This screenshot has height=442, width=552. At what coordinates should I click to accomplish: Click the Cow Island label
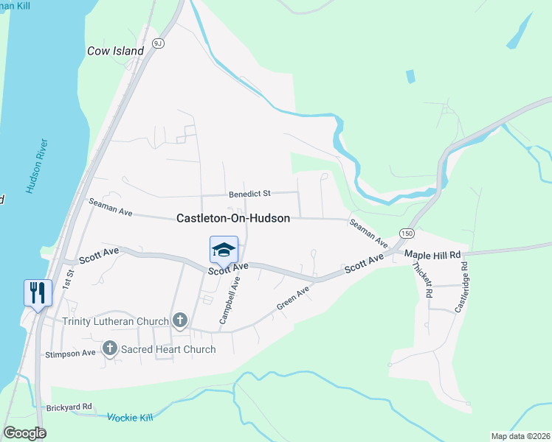(x=115, y=51)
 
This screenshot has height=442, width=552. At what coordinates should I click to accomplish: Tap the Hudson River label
(x=37, y=166)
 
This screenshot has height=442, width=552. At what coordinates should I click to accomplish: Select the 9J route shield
(x=157, y=43)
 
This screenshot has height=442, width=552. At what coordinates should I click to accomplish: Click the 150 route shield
(x=406, y=233)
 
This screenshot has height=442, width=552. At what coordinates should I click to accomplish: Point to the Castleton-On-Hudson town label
(x=233, y=218)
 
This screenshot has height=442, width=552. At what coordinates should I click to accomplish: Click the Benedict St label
(x=249, y=193)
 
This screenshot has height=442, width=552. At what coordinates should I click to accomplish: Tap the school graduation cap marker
(x=224, y=250)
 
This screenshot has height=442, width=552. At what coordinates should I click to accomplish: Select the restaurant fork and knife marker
(x=37, y=292)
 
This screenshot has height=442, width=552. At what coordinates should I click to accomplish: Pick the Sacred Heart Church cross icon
(x=110, y=348)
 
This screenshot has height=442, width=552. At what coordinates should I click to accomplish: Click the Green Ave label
(x=293, y=298)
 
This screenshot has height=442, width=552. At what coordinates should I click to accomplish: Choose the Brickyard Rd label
(x=69, y=406)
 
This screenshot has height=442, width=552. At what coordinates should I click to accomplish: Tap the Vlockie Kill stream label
(x=129, y=417)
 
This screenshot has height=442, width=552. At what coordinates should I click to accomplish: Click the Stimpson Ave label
(x=70, y=353)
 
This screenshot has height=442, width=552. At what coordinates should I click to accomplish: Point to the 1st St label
(x=69, y=279)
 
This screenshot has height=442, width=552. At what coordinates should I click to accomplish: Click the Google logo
(x=24, y=433)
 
